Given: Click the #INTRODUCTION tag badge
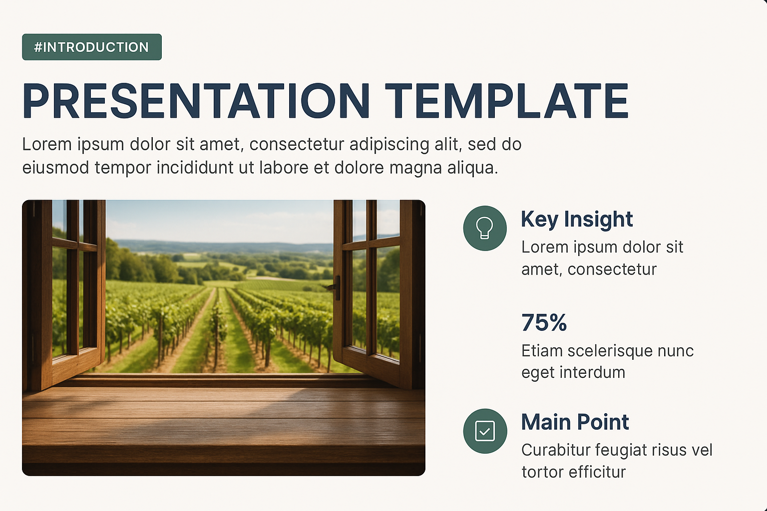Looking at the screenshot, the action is click(x=92, y=47).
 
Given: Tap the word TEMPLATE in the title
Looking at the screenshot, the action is click(x=507, y=101).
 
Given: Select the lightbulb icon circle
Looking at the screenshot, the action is click(x=485, y=228).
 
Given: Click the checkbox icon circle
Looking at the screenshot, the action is click(x=485, y=431).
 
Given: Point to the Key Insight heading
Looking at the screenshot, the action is click(x=577, y=220).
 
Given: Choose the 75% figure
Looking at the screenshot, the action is click(x=544, y=322).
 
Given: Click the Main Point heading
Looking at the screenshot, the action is click(x=575, y=422).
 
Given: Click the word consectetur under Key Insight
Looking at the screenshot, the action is click(x=612, y=269).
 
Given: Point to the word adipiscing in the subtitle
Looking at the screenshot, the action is click(x=389, y=145).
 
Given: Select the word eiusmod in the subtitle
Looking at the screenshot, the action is click(x=56, y=168).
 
